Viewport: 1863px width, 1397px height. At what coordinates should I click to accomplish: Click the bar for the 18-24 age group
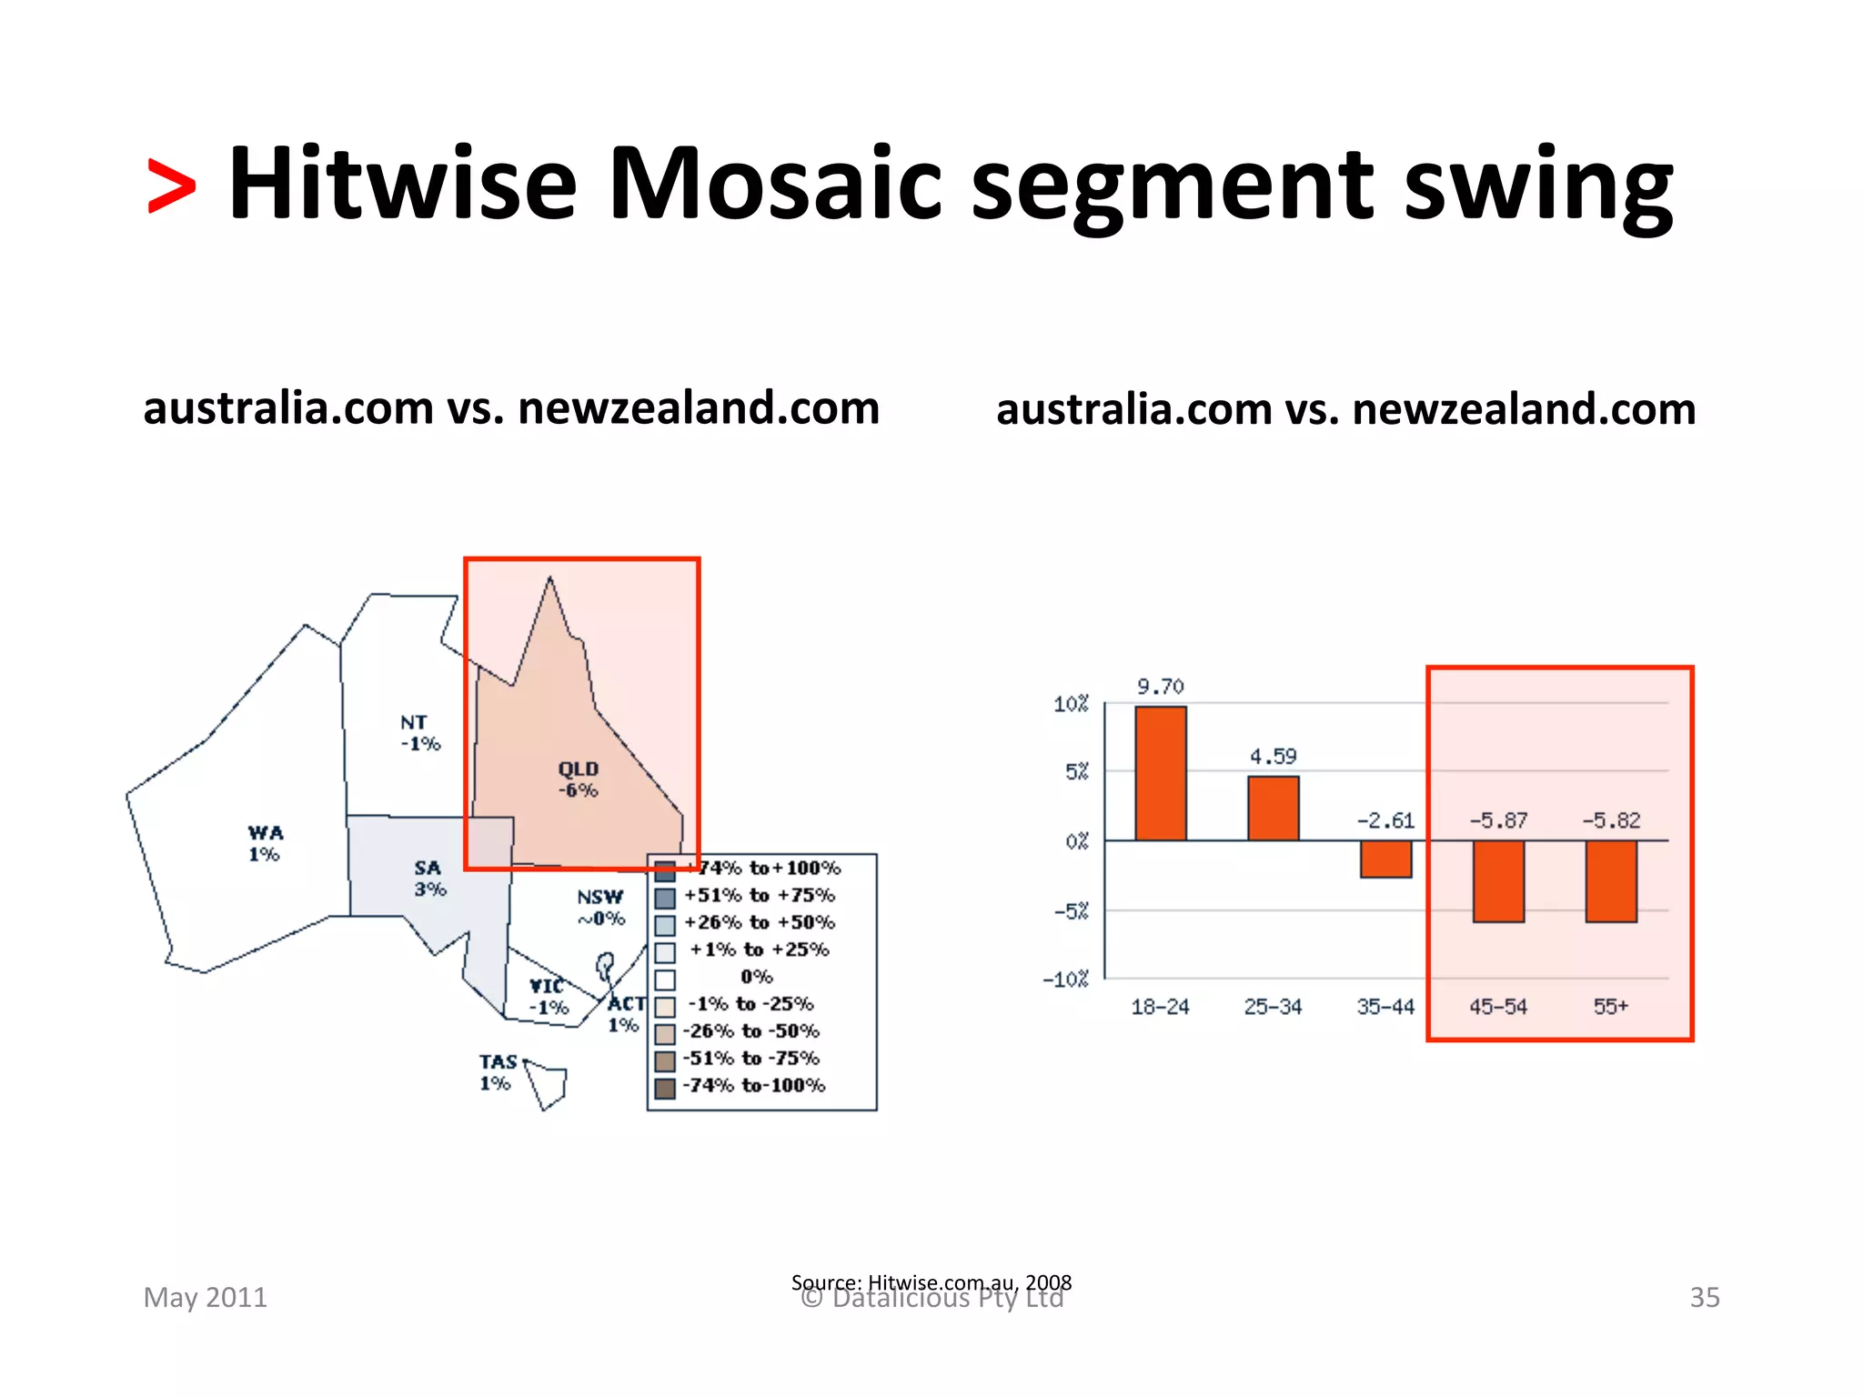(x=1160, y=773)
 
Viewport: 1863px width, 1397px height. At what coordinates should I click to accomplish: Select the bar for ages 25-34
(x=1273, y=808)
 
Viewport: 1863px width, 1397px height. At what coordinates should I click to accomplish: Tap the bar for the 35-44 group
(x=1385, y=859)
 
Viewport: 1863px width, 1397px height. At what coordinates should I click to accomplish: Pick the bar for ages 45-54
(x=1498, y=880)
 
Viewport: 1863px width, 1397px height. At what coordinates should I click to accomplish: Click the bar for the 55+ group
(x=1611, y=880)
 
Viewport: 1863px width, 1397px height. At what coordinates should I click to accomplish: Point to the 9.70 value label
(x=1160, y=687)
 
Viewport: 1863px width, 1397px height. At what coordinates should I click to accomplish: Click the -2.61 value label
(x=1385, y=820)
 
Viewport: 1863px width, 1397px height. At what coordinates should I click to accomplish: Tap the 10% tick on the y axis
(x=1071, y=704)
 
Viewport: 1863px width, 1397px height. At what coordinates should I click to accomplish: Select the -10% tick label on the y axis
(x=1066, y=980)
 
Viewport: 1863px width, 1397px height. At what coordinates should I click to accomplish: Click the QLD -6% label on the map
(x=579, y=779)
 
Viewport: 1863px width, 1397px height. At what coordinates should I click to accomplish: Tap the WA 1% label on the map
(x=265, y=843)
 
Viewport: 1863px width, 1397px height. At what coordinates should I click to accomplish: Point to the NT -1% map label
(x=419, y=733)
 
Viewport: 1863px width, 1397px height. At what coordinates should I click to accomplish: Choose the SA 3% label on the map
(x=429, y=879)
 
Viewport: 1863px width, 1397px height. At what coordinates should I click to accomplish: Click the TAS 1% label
(x=497, y=1072)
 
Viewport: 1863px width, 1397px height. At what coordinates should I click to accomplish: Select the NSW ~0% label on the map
(x=600, y=908)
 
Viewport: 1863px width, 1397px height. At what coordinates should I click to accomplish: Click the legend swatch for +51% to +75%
(x=665, y=899)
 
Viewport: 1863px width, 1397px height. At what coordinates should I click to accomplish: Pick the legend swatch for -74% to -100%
(x=665, y=1088)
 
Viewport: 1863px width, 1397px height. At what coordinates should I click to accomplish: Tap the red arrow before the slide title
(x=171, y=186)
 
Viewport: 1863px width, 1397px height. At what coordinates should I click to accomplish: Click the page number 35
(x=1704, y=1297)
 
